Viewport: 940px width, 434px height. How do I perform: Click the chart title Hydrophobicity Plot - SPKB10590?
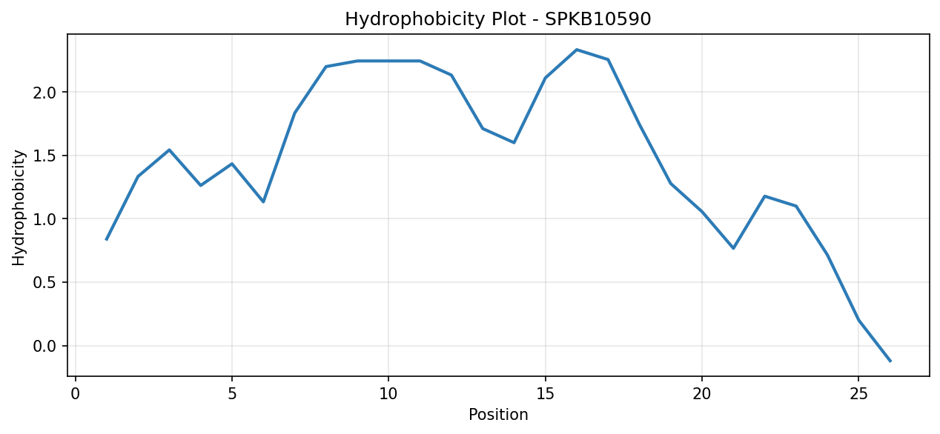pos(497,19)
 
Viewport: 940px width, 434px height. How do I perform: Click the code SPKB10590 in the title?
pos(598,19)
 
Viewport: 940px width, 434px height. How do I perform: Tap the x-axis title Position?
pos(498,415)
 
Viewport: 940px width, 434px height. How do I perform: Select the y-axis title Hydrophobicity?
pos(19,208)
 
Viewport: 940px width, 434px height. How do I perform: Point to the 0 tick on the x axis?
pos(76,394)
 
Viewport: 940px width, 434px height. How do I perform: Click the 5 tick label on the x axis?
pos(232,394)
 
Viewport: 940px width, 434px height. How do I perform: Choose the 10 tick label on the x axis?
pos(388,394)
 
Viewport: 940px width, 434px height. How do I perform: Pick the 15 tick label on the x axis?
pos(545,394)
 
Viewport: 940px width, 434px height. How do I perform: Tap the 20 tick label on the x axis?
pos(701,394)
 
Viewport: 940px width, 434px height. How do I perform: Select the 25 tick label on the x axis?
pos(858,394)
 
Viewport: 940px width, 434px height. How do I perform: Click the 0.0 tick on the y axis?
pos(44,347)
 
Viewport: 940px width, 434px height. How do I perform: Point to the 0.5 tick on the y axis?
pos(44,283)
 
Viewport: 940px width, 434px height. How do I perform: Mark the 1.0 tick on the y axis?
pos(44,219)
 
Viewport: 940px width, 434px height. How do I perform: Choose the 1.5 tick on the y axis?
pos(44,156)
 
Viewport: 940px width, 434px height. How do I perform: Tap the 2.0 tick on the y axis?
pos(44,93)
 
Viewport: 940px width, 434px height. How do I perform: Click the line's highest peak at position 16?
pos(577,50)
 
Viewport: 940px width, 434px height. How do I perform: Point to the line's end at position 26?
pos(890,361)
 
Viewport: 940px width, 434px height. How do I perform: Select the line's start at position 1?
pos(107,239)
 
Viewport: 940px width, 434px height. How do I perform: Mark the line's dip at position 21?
pos(733,248)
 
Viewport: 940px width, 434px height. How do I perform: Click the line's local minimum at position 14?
pos(514,143)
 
